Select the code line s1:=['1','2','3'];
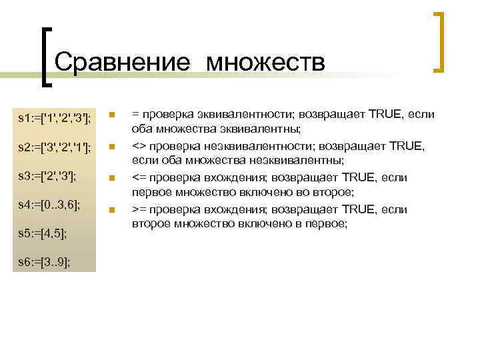point(55,118)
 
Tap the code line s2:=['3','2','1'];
point(55,147)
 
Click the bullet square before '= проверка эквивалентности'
point(113,115)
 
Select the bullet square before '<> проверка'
point(113,147)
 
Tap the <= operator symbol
point(138,178)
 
